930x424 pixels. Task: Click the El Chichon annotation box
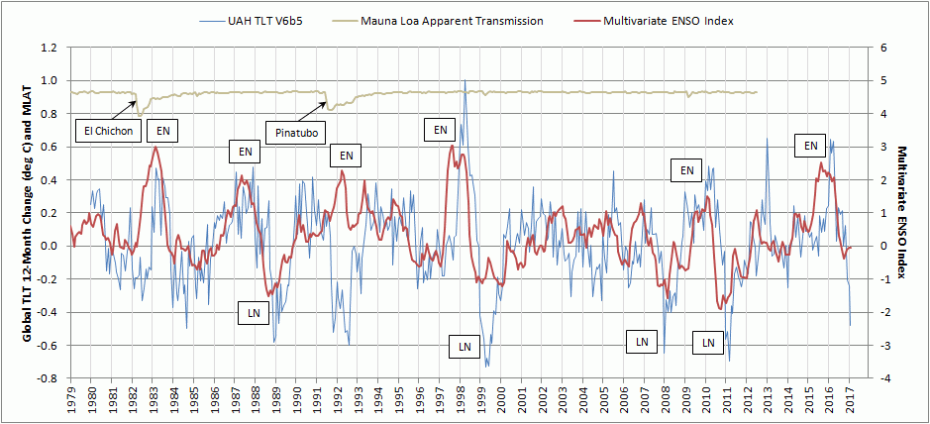107,130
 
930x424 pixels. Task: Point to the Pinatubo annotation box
295,130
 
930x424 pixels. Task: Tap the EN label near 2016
810,146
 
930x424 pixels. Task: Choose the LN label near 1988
255,314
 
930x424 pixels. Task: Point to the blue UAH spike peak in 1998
465,81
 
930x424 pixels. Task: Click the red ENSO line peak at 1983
155,148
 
